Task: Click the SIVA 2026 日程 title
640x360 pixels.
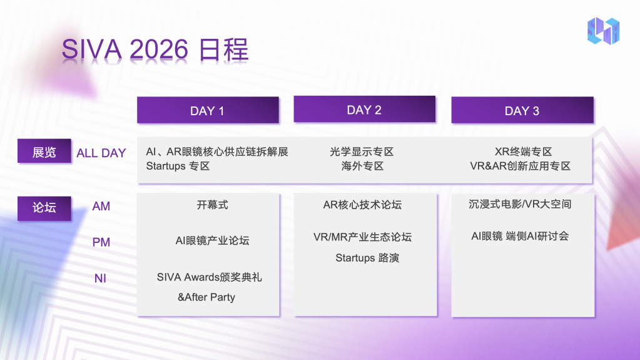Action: coord(155,50)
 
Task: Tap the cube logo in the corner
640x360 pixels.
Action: coord(603,31)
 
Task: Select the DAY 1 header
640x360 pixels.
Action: coord(208,110)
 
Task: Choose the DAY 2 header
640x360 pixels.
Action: coord(365,109)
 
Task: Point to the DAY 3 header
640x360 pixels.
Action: coord(522,110)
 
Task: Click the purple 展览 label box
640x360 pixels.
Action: coord(44,151)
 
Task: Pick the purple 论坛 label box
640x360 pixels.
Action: coord(44,208)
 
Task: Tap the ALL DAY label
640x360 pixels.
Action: coord(101,153)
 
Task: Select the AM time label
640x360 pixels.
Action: coord(101,207)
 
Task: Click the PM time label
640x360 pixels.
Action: coord(101,242)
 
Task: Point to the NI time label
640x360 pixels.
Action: coord(100,278)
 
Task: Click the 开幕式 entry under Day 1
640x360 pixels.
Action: coord(212,205)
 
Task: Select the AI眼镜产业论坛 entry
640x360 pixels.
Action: coord(212,240)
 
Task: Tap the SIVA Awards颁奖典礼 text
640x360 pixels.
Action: coord(210,277)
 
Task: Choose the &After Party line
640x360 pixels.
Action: coord(206,297)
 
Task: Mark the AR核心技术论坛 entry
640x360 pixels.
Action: coord(362,205)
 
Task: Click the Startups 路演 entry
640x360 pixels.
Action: coord(367,258)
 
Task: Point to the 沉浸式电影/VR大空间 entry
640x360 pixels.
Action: coord(520,204)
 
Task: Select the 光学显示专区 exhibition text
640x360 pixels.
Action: coord(362,152)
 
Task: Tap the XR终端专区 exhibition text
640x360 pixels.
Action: coord(523,152)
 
